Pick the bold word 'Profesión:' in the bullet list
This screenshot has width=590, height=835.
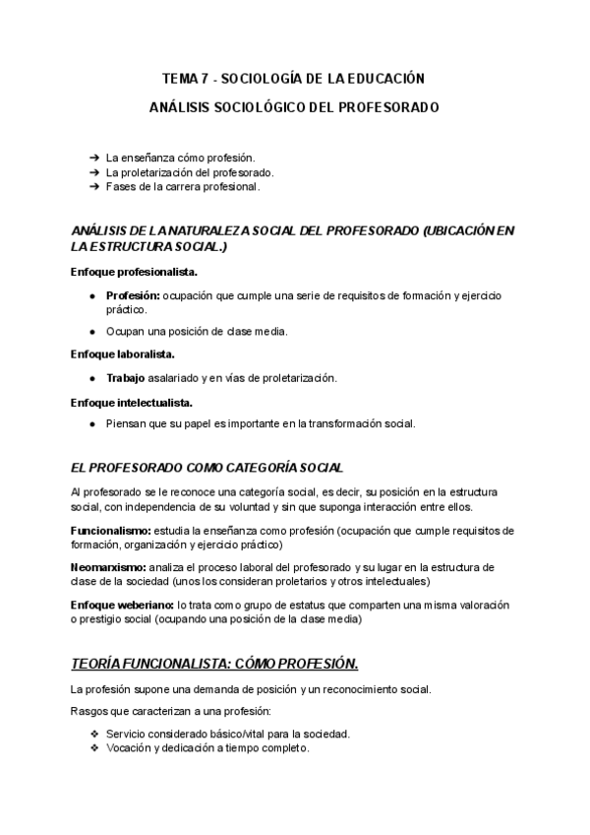134,294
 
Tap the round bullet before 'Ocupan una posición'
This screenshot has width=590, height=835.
91,331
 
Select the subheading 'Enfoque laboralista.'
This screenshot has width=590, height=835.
123,353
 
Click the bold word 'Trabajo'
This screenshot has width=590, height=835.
125,378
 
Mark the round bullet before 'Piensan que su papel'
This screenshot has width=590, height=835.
91,424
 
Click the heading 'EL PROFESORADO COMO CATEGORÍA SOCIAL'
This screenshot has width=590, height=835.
207,467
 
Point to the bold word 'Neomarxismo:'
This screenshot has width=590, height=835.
109,568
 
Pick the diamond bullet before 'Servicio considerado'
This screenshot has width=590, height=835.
93,734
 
